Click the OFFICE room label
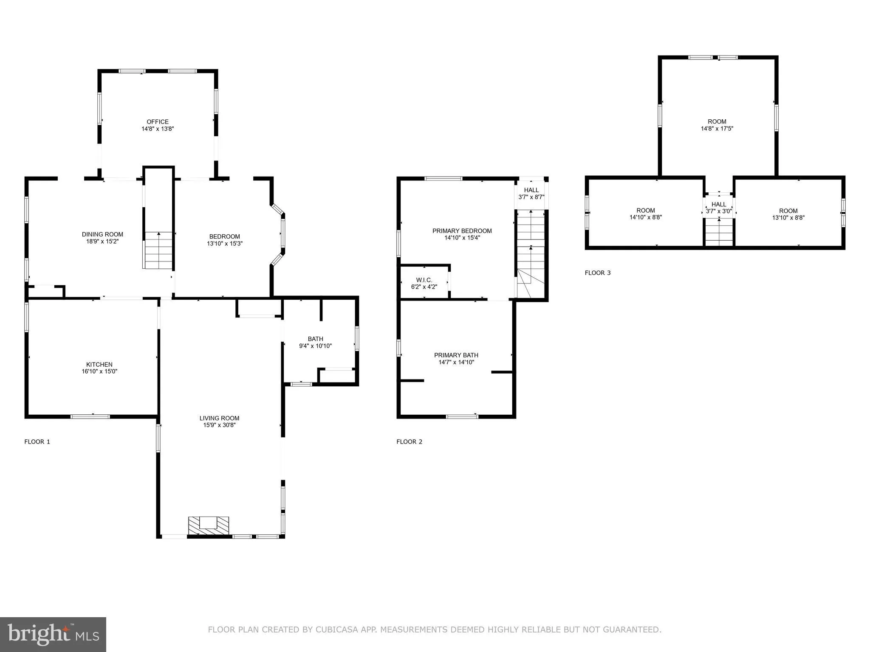(x=158, y=122)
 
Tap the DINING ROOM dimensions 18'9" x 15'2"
(x=102, y=241)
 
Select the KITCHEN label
(x=99, y=364)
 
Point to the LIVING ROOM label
(x=219, y=418)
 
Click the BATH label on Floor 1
(x=315, y=339)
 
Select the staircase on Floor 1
(x=158, y=250)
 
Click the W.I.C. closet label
(x=424, y=280)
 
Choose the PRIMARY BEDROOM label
(x=462, y=231)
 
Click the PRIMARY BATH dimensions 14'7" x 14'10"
(x=456, y=362)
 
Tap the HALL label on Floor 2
(x=531, y=190)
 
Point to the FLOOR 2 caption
(x=409, y=441)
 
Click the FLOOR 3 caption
(x=597, y=273)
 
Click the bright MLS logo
(x=53, y=634)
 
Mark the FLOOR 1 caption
(x=37, y=441)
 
